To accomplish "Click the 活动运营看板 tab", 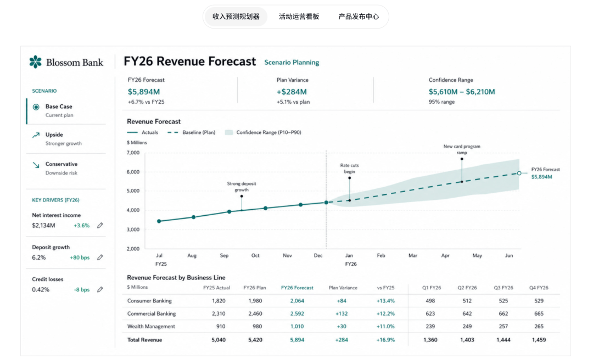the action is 299,16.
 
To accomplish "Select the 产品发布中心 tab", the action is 359,16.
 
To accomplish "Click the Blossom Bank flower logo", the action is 36,61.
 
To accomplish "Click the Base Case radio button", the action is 36,107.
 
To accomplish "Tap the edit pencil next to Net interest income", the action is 100,225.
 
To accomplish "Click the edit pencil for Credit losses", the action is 100,289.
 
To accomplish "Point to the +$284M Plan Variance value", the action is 292,92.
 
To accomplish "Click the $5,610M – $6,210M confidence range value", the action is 462,92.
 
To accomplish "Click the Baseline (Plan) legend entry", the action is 192,132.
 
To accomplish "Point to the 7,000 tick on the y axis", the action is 133,153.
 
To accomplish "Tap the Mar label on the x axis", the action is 412,255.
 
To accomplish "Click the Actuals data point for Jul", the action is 159,221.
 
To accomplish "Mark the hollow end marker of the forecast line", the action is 519,173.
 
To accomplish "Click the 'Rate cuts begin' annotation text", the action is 349,168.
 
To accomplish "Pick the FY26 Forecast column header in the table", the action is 297,288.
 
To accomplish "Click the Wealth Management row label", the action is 151,326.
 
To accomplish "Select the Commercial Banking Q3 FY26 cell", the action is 504,313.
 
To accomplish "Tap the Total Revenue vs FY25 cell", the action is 385,340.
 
